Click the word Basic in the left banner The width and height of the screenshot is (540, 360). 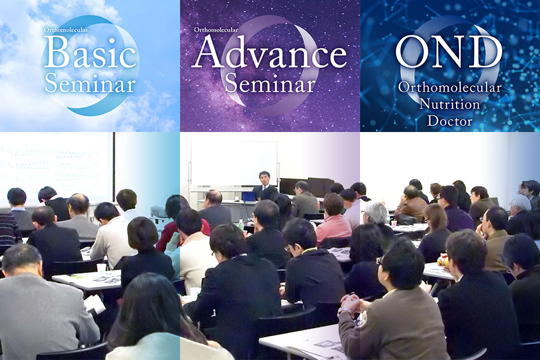point(90,53)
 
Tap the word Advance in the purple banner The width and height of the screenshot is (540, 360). point(269,52)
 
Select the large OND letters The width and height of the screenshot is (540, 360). point(449,52)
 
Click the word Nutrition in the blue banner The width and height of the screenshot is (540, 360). point(449,104)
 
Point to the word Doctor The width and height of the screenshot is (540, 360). point(450,121)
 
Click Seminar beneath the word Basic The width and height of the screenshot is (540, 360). point(90,83)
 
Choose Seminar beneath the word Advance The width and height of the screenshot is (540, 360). point(270,83)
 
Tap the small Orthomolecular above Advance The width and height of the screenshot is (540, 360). point(216,29)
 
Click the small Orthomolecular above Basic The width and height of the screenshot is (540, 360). point(66,29)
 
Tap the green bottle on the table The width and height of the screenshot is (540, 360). point(241,225)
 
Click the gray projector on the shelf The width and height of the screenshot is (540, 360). point(159,212)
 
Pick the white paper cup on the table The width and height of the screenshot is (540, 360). point(101,268)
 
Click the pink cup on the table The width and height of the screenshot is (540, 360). point(394,224)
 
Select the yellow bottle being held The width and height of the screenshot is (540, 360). point(443,261)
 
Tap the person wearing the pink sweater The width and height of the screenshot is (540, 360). point(332,219)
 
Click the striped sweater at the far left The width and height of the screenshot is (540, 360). point(9,229)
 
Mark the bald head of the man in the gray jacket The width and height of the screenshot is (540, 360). point(79,203)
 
